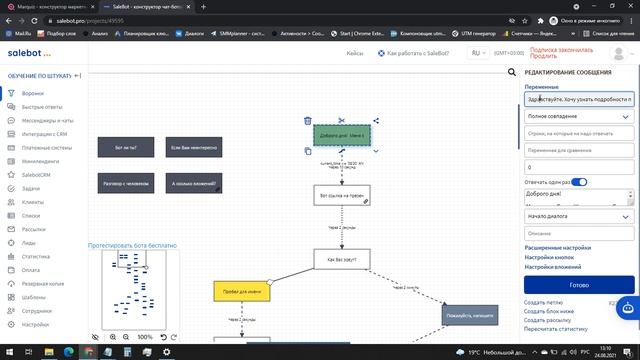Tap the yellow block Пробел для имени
click(241, 291)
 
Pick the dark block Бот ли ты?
click(125, 147)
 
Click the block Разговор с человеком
click(125, 183)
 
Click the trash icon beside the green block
click(308, 121)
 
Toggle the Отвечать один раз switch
click(579, 182)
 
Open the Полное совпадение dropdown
click(578, 116)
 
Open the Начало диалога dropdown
click(578, 216)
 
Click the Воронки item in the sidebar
click(33, 93)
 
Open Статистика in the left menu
click(36, 256)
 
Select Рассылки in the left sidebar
click(34, 229)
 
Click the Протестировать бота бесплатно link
click(133, 244)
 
